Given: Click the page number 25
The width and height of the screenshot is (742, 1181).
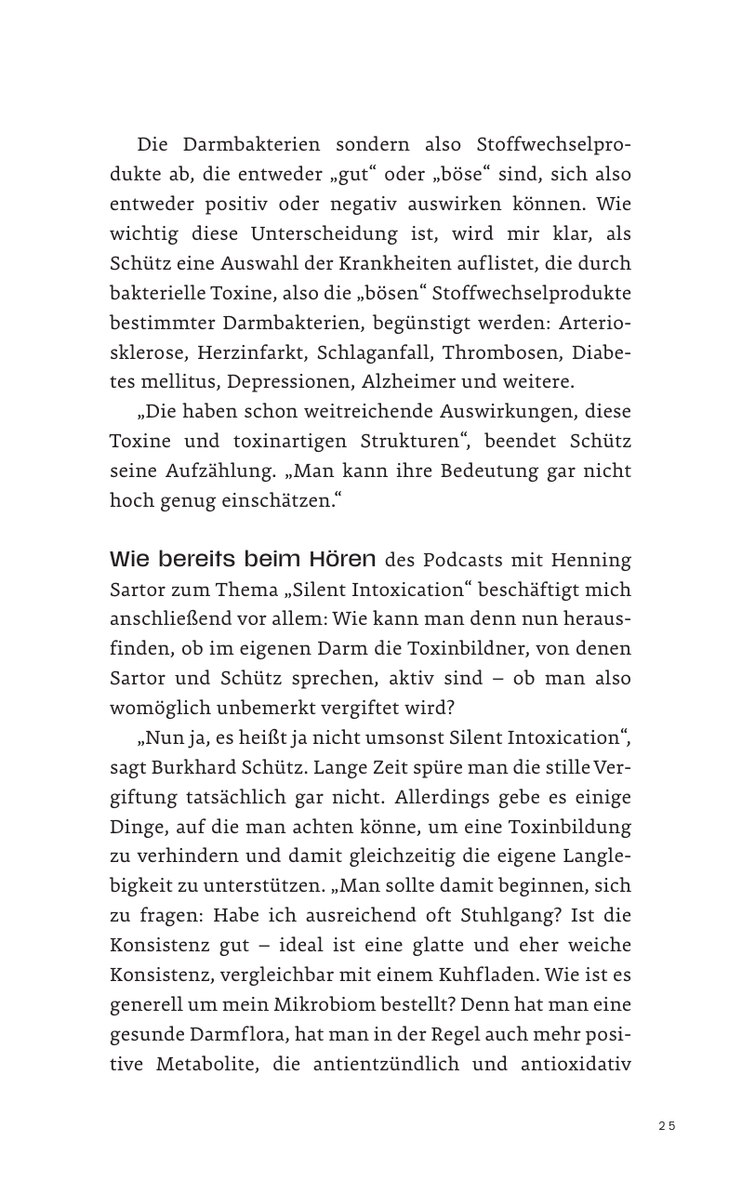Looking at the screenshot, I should click(667, 1125).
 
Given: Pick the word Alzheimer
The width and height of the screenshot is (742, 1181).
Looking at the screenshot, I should click(411, 382).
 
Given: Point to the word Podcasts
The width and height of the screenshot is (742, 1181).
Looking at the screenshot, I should click(463, 560).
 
